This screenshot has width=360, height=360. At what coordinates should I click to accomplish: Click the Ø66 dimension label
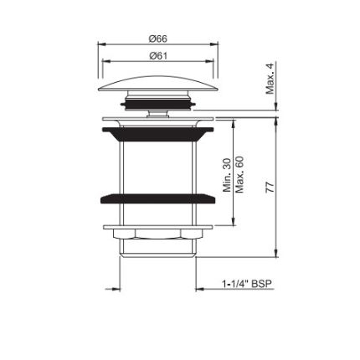point(158,39)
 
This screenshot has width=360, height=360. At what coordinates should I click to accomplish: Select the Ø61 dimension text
point(158,56)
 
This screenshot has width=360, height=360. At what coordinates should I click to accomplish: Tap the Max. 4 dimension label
point(270,78)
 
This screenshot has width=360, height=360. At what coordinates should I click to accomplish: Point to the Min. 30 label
point(227,175)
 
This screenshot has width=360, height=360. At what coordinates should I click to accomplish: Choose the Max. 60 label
point(239,174)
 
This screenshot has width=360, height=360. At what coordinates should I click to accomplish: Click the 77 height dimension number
point(270,188)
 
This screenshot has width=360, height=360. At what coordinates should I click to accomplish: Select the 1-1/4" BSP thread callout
point(247,284)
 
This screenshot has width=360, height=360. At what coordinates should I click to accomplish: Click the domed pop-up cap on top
point(158,84)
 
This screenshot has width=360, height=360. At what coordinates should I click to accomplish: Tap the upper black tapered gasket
point(158,134)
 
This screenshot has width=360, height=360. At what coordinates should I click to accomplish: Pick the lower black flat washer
point(157,198)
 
